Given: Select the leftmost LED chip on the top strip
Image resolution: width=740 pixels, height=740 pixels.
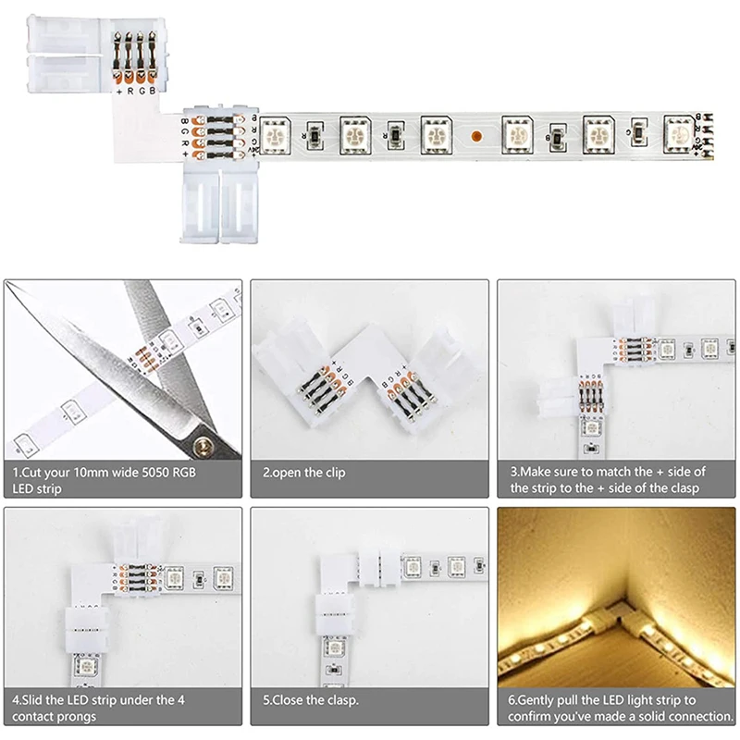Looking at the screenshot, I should coord(276,135).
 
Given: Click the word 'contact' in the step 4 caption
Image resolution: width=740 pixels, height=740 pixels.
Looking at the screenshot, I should coord(33,717).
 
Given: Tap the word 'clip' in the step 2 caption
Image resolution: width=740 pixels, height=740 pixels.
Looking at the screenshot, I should coord(333,473).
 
